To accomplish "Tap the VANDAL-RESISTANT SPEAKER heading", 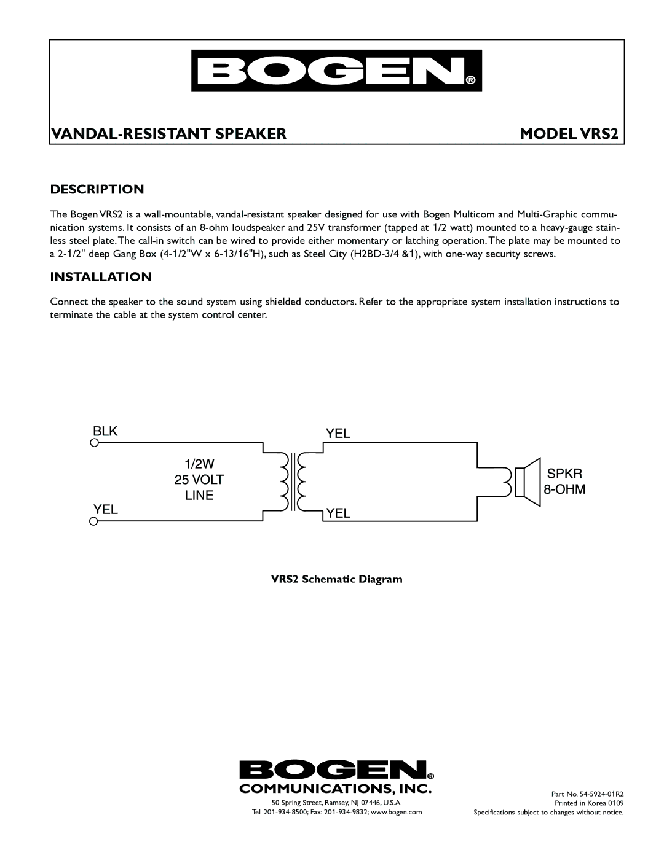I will pos(168,133).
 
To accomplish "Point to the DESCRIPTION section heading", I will pos(97,189).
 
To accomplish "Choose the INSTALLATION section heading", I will pos(101,277).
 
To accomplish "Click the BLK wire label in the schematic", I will pos(105,431).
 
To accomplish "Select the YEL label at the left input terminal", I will pos(106,509).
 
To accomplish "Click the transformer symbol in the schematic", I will pos(294,482).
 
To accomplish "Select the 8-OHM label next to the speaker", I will pos(564,489).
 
